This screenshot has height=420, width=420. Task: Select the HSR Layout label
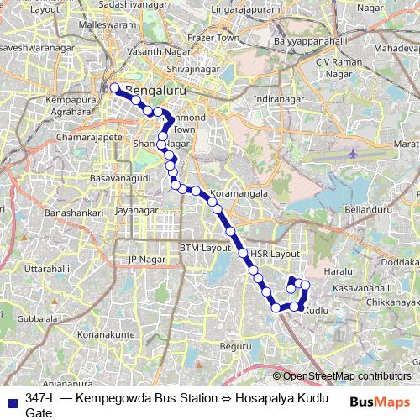[275, 253]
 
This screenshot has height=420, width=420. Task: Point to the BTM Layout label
[205, 249]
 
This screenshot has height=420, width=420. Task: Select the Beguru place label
[234, 346]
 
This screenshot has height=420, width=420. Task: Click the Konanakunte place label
[105, 334]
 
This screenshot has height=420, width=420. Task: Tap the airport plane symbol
[352, 155]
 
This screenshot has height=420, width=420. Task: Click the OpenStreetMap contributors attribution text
[347, 376]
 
